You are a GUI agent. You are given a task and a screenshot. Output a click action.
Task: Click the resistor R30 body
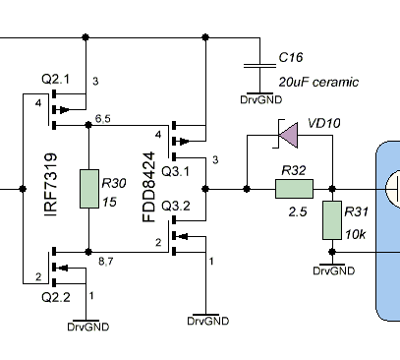click(89, 189)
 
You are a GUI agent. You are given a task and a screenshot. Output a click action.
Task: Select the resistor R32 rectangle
click(294, 189)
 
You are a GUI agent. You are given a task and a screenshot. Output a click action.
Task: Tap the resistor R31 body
click(332, 220)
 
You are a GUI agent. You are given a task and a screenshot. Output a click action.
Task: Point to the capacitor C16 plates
click(259, 66)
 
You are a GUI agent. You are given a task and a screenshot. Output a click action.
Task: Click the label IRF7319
click(51, 185)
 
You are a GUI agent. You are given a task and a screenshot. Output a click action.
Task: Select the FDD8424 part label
click(148, 187)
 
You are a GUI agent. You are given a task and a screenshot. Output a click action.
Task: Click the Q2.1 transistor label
click(56, 80)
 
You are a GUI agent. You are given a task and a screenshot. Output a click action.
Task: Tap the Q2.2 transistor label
click(56, 297)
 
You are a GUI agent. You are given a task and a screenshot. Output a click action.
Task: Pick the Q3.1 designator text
click(176, 171)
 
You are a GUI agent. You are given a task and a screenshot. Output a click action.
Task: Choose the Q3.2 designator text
click(176, 206)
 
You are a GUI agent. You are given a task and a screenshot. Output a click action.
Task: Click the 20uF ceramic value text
click(318, 82)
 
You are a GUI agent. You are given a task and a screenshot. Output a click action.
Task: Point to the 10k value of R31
click(356, 234)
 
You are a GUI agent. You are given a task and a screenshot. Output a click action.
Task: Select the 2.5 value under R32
click(298, 212)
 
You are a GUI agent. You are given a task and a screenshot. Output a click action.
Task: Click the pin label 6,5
click(103, 119)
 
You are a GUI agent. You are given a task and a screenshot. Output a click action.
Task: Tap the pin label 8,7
click(106, 262)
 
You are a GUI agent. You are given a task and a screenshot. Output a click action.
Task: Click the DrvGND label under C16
click(261, 99)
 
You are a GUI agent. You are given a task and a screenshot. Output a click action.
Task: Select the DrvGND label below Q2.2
click(88, 327)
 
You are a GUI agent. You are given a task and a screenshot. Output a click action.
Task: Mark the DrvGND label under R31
click(334, 270)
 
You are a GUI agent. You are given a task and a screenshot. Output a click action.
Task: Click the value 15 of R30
click(109, 202)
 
